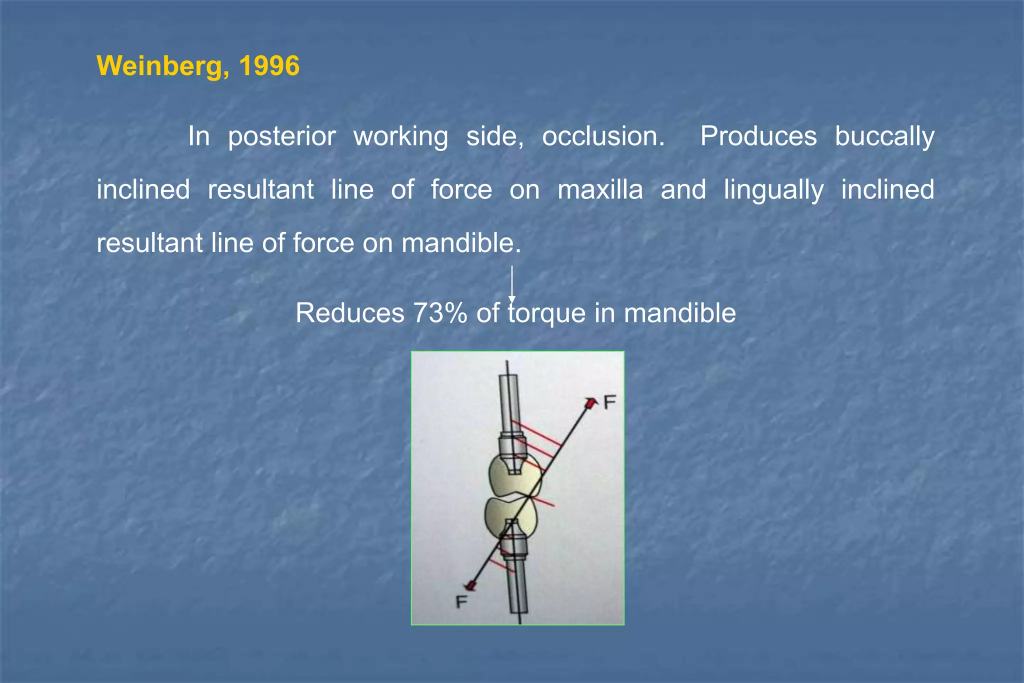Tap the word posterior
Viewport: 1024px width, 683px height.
pyautogui.click(x=281, y=136)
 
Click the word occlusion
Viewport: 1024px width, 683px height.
pyautogui.click(x=603, y=136)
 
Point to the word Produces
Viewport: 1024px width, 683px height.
pyautogui.click(x=758, y=136)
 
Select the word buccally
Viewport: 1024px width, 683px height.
pyautogui.click(x=884, y=136)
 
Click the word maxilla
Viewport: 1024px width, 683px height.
pyautogui.click(x=600, y=190)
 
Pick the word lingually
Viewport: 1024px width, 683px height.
pyautogui.click(x=773, y=190)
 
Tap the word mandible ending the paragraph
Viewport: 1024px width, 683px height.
pyautogui.click(x=461, y=243)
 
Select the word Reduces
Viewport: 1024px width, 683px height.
pyautogui.click(x=349, y=313)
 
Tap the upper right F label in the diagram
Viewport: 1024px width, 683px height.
pyautogui.click(x=609, y=402)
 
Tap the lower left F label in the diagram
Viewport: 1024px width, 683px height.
pyautogui.click(x=461, y=601)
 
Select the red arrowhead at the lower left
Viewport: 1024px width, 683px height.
pyautogui.click(x=470, y=585)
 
